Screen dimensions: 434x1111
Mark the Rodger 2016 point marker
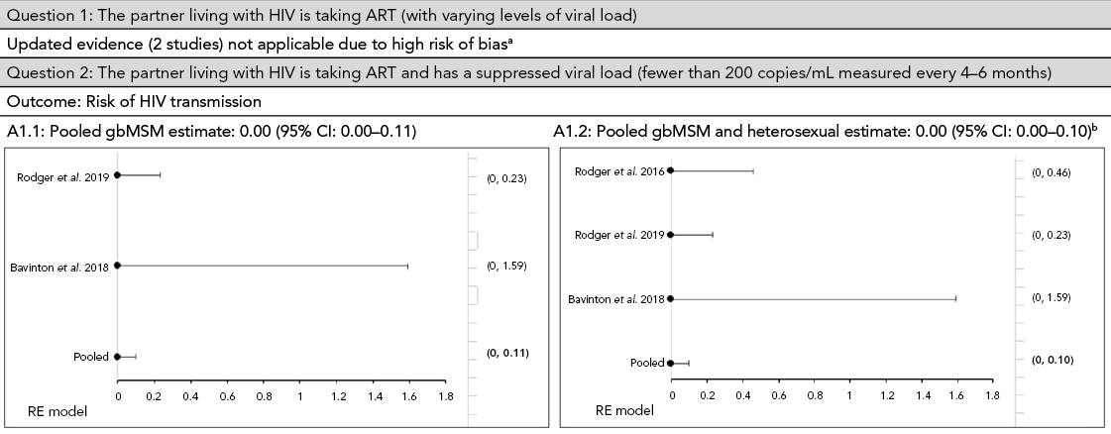pos(671,170)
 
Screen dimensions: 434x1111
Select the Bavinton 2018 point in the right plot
pos(671,298)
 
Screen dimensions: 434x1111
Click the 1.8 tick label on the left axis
pos(447,396)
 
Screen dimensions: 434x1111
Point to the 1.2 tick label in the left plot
pos(337,396)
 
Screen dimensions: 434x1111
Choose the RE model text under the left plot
pos(58,410)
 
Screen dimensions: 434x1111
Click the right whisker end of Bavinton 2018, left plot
pos(407,267)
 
